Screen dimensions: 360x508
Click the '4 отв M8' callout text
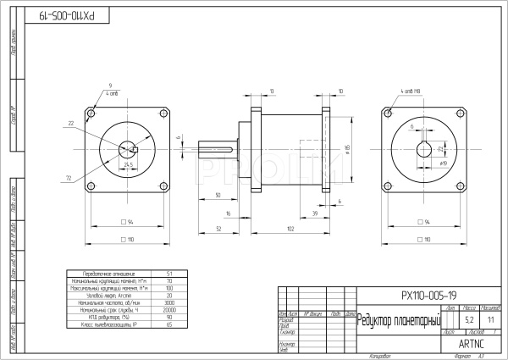[x=411, y=90]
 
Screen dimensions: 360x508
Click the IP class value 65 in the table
[x=169, y=324]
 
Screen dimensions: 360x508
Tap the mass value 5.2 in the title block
[x=469, y=320]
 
